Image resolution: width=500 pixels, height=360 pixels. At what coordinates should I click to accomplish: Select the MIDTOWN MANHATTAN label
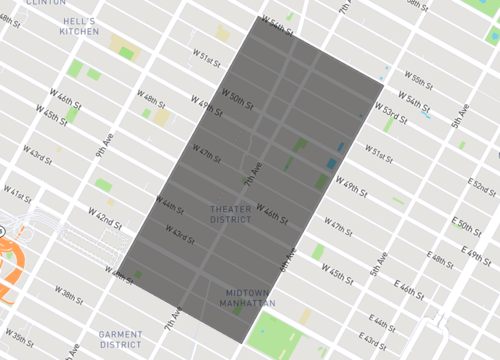[247, 297]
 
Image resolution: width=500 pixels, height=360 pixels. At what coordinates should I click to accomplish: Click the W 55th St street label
[412, 78]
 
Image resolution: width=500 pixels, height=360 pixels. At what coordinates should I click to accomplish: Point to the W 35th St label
[17, 334]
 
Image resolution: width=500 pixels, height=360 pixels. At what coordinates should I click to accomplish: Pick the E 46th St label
[411, 291]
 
